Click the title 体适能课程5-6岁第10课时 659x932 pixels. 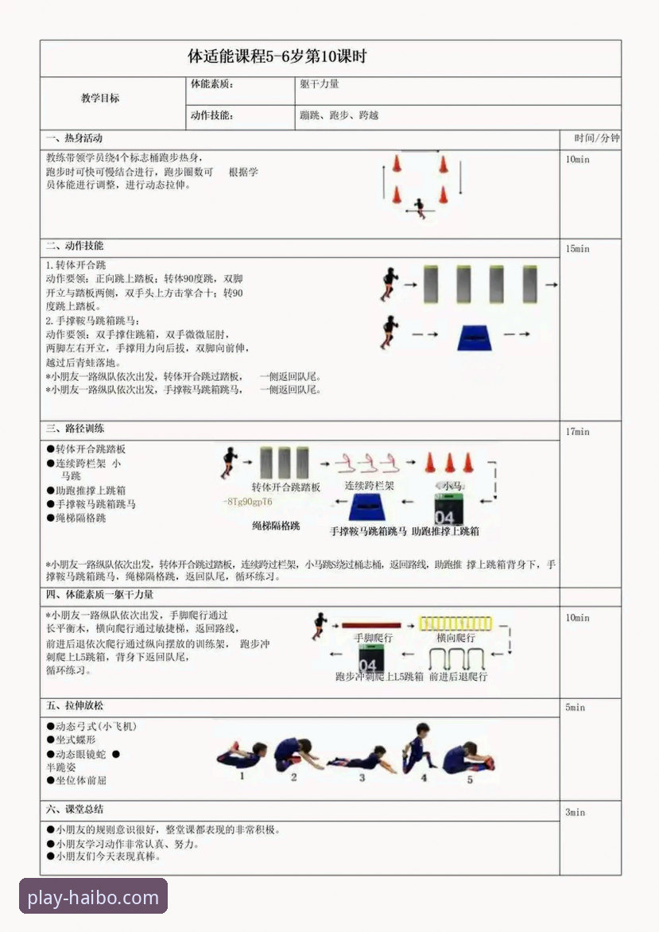coord(277,57)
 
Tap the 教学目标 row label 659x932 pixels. coord(100,99)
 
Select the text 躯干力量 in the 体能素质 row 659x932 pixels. coord(320,83)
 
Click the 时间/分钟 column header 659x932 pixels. coord(591,138)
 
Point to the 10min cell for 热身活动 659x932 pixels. coord(578,159)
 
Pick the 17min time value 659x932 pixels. coord(578,432)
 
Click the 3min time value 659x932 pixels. coord(575,812)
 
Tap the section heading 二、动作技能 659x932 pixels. coord(75,246)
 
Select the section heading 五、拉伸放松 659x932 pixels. coord(75,705)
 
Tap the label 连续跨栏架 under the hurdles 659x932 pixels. coord(369,485)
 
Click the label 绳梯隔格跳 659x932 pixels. coord(276,526)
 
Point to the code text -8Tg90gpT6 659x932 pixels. coord(248,502)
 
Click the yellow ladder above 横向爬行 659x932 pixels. coord(456,623)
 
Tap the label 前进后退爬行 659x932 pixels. coord(458,677)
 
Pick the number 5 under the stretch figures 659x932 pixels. coord(469,780)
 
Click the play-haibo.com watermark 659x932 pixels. coord(93,899)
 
